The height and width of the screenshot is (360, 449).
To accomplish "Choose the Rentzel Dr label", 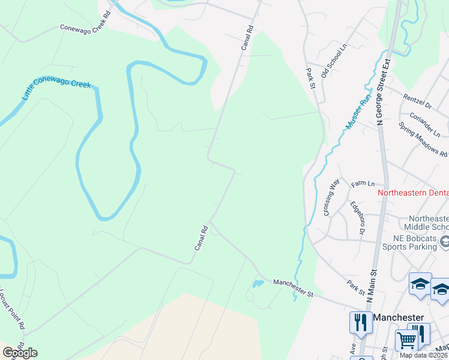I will pos(417,97).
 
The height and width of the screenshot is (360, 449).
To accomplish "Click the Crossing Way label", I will pos(331,197).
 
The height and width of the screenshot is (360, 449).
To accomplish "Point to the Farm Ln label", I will pos(363,184).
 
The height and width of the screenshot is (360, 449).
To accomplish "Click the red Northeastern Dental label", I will pos(413,193).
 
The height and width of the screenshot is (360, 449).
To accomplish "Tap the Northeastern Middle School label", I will pos(428,223).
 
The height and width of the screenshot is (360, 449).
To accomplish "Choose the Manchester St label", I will pos(294,288).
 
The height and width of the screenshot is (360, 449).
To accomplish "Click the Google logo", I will pos(20,353).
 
